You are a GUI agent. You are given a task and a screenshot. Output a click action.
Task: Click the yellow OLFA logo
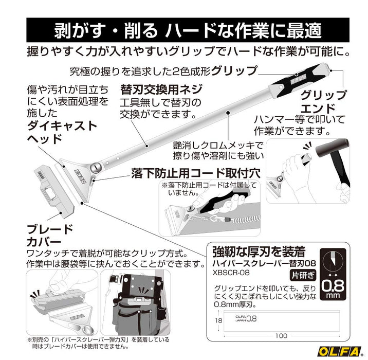339,351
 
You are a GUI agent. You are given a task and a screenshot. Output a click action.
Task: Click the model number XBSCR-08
231,273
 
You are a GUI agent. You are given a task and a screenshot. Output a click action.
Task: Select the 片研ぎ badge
303,275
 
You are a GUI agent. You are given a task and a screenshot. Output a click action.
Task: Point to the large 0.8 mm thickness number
333,286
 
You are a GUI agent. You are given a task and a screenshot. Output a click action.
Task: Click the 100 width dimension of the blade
281,336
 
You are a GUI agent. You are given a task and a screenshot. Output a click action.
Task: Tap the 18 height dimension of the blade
218,320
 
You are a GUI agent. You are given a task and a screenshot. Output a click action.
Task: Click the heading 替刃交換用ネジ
161,89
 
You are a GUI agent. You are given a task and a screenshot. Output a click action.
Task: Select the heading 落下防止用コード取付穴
196,173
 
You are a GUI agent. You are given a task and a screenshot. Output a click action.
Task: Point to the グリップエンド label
323,102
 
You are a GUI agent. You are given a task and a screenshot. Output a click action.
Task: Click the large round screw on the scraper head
96,167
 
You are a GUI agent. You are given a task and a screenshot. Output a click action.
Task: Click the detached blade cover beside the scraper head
56,190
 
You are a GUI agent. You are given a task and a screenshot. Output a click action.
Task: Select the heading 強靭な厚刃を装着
259,251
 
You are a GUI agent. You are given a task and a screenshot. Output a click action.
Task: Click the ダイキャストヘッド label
62,133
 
